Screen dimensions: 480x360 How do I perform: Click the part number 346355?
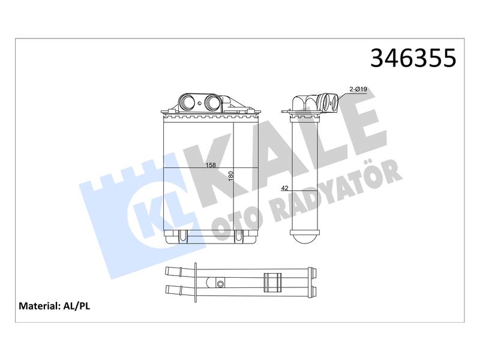(413, 58)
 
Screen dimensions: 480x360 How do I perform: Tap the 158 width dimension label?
(211, 166)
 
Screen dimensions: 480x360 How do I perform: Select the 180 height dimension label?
(231, 176)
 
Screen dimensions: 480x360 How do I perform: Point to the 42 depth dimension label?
(284, 188)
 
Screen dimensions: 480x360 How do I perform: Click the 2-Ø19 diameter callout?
(358, 89)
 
